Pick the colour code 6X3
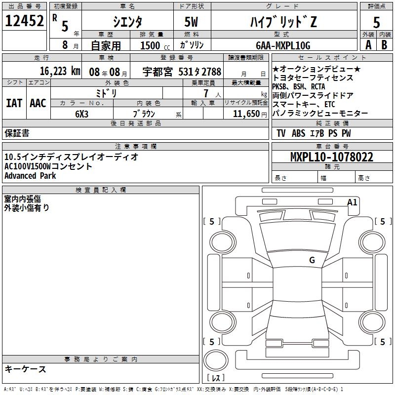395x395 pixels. [x=82, y=113]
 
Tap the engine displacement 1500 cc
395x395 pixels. [x=153, y=45]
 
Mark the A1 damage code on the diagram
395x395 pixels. [x=352, y=202]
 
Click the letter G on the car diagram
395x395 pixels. [x=312, y=260]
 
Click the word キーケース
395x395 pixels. [x=26, y=369]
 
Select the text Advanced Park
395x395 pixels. [x=30, y=176]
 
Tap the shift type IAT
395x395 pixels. [x=14, y=103]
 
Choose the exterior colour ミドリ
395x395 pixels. [x=106, y=93]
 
